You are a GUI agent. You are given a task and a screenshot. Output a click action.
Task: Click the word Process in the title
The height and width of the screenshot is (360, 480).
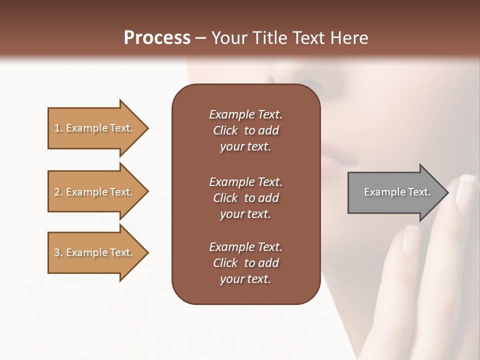157,38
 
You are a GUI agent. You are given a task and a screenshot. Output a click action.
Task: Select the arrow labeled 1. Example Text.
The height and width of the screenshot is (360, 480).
95,128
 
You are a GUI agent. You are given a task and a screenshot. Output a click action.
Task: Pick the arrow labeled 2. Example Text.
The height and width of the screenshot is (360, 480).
95,192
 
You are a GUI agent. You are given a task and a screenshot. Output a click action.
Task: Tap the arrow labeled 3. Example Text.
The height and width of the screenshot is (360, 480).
95,252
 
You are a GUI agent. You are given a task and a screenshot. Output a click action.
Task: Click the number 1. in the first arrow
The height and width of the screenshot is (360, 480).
58,128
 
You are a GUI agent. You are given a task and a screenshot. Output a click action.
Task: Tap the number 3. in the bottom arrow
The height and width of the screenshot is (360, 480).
58,253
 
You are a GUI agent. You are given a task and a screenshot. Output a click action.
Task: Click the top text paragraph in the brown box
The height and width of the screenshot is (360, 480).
245,130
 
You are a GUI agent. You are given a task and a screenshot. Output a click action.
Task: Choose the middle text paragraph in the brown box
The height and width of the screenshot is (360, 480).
245,198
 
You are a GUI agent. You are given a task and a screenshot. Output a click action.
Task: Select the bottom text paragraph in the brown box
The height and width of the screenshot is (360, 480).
245,263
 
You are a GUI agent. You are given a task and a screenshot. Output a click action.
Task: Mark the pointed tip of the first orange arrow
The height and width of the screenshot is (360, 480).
147,128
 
